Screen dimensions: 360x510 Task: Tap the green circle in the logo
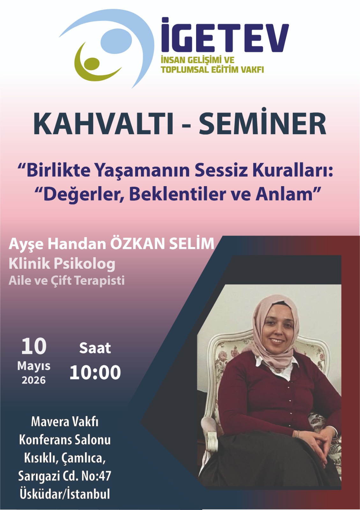[x=92, y=64]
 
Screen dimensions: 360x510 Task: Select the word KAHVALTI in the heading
[x=104, y=125]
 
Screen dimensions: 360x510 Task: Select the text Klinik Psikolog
[x=62, y=264]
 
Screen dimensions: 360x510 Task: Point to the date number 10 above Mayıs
[x=34, y=346]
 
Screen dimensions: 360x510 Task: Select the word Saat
[x=95, y=348]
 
